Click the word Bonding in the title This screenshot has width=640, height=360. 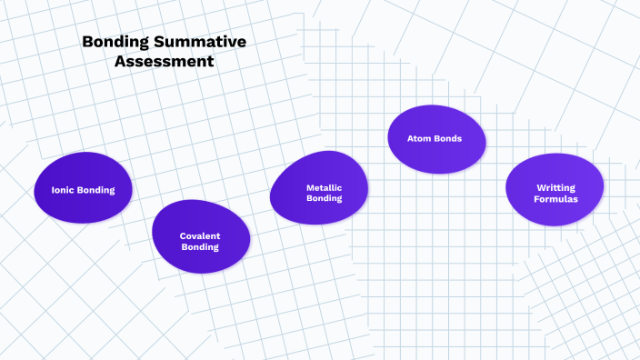point(114,42)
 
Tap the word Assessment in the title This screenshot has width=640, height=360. point(165,63)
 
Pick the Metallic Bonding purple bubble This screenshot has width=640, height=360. point(319,188)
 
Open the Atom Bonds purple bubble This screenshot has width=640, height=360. point(437,140)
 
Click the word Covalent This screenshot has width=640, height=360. point(200,235)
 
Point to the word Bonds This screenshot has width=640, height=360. point(449,139)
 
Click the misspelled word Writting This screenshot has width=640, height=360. point(555,187)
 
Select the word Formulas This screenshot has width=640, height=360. point(555,199)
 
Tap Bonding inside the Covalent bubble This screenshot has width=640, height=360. point(200,246)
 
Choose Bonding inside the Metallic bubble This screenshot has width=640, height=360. point(324,198)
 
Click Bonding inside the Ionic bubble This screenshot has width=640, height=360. point(96,191)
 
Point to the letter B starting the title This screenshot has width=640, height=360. point(87,42)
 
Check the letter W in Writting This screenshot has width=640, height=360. point(540,187)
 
